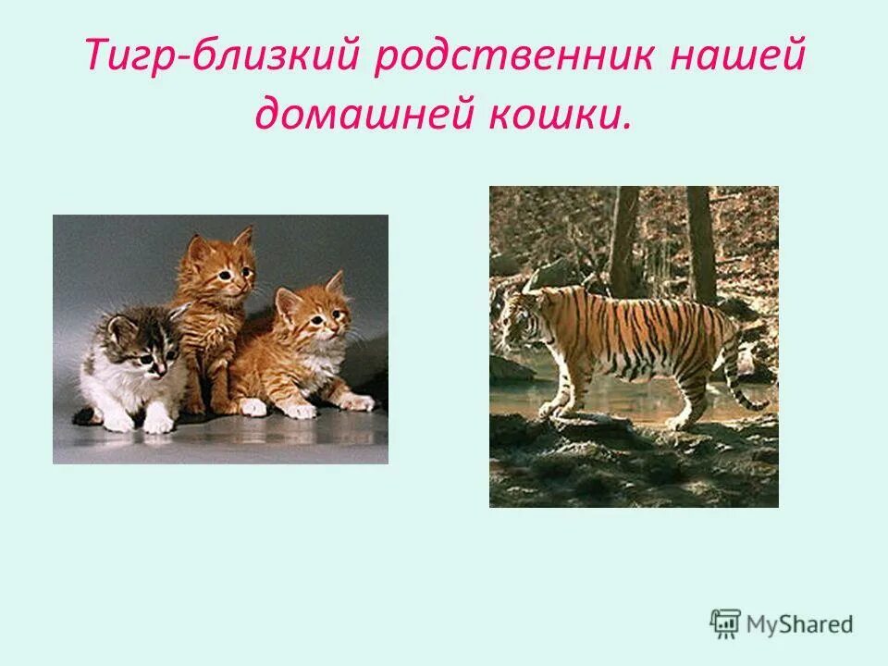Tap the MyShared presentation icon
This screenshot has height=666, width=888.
725,624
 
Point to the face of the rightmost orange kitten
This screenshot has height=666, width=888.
314,314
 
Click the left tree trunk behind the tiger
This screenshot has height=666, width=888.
623,231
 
